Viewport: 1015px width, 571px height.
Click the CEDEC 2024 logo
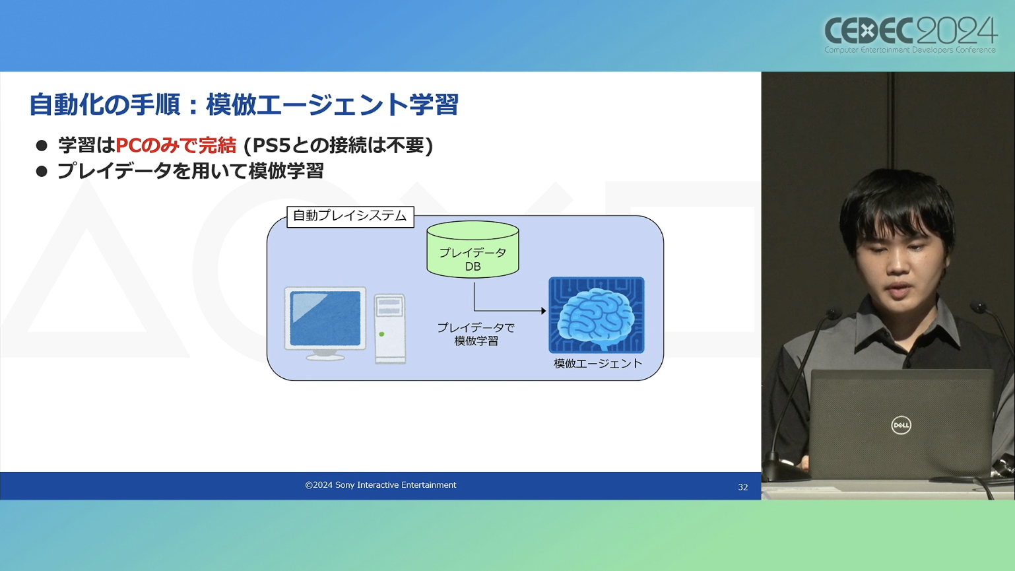(910, 35)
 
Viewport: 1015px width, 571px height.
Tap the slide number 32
(742, 487)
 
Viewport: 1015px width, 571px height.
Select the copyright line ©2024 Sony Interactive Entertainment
(381, 485)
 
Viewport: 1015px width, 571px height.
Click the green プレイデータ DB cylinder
(473, 250)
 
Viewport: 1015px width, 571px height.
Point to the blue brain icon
(597, 315)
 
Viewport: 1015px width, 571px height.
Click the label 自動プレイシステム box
(350, 216)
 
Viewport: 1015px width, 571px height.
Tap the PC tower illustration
(389, 329)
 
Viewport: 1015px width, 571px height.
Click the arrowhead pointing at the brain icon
(544, 311)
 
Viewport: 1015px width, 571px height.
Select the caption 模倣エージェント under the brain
(598, 364)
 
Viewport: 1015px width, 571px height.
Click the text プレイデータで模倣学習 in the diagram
(476, 335)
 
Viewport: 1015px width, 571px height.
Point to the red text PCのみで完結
(176, 145)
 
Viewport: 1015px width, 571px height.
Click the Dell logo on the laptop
(901, 425)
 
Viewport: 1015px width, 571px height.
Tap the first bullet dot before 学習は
(42, 145)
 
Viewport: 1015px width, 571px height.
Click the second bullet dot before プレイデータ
(42, 172)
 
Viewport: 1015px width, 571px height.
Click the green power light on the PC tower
(381, 334)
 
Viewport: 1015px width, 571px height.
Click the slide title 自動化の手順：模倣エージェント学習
(244, 105)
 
